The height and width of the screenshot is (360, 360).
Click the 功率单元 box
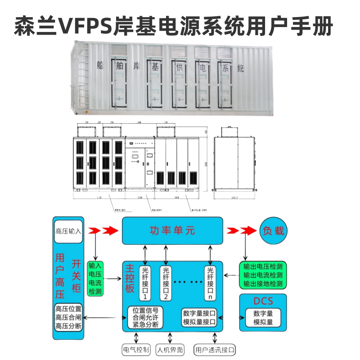[x=172, y=231]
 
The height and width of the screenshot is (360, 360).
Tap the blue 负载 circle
[x=273, y=231]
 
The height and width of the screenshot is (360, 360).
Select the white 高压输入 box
[x=69, y=231]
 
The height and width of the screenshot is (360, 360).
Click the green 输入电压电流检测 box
[x=95, y=278]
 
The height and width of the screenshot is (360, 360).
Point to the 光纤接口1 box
[x=145, y=283]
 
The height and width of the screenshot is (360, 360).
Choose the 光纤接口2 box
[x=166, y=283]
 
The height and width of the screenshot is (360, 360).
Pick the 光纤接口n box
[x=210, y=283]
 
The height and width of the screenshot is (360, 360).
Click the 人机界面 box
[x=170, y=349]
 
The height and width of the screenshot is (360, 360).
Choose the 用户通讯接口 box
[x=215, y=349]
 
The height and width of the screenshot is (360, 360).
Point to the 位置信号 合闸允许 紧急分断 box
[x=145, y=318]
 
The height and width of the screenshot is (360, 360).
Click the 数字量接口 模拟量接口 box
[x=199, y=318]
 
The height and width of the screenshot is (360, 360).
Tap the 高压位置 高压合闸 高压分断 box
[x=68, y=318]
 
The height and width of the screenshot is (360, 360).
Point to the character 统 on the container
[x=241, y=69]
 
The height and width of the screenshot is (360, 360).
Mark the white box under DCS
[x=263, y=318]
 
